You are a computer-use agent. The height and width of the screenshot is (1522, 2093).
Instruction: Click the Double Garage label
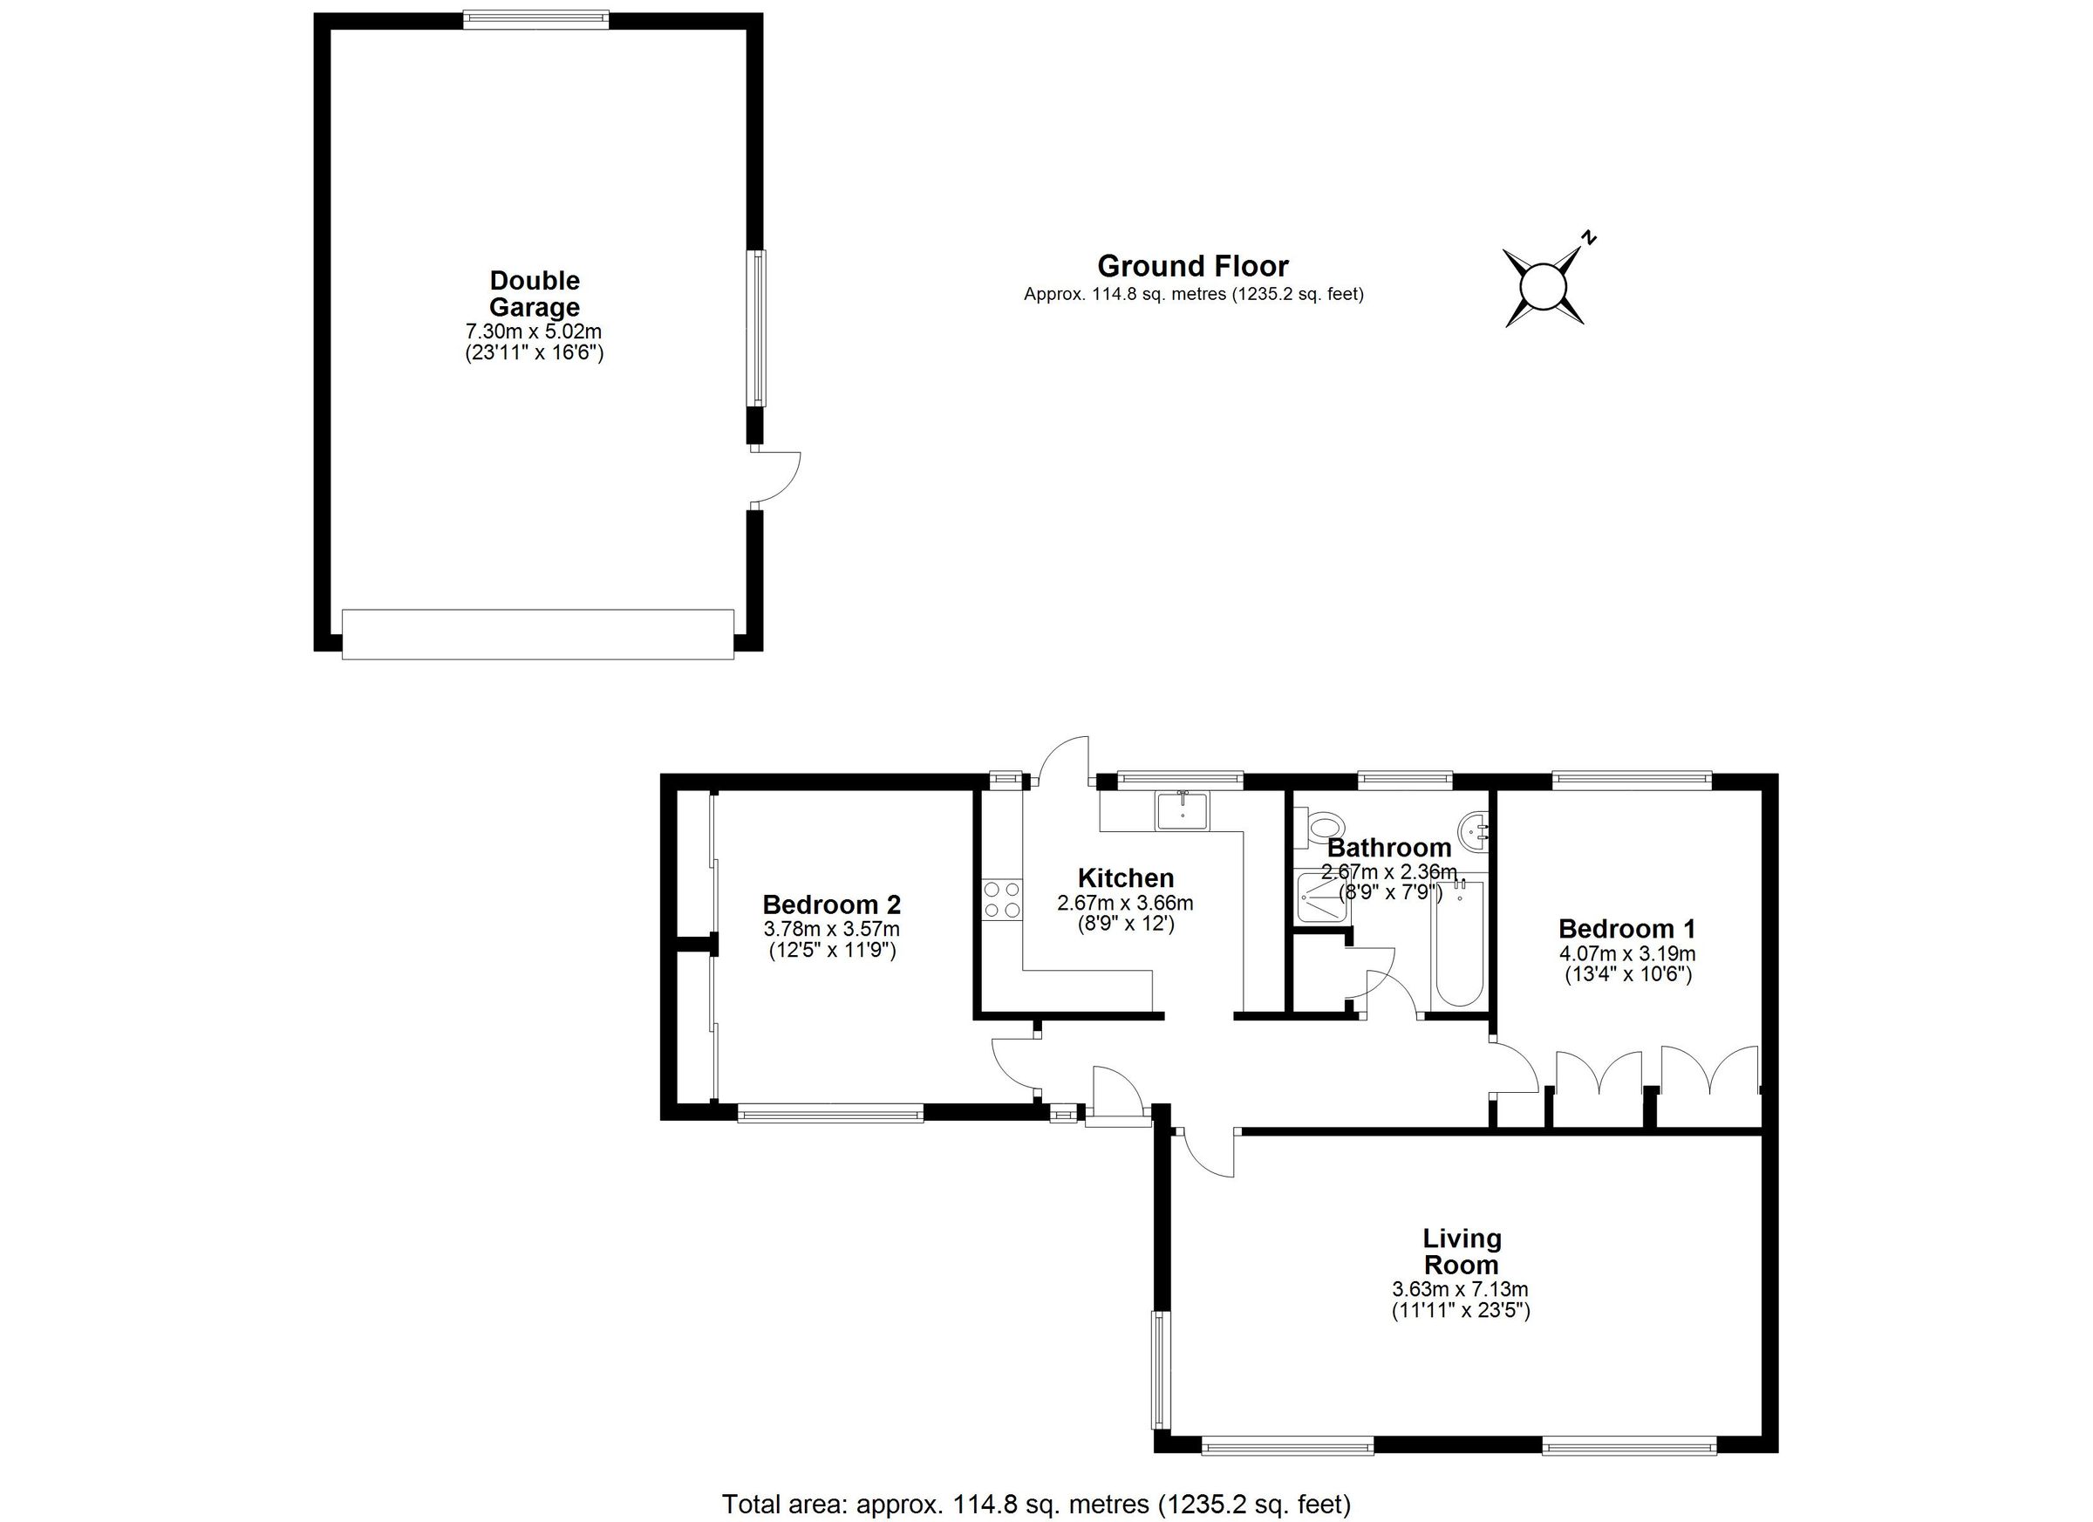point(535,294)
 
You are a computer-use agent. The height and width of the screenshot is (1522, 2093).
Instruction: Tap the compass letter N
point(1588,237)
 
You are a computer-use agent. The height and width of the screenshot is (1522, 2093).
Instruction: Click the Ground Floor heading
point(1192,267)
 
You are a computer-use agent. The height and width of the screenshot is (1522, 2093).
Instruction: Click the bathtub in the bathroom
point(1459,942)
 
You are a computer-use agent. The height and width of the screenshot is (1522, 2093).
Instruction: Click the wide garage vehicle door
point(537,634)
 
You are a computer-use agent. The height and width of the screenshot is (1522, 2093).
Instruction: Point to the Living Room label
point(1462,1251)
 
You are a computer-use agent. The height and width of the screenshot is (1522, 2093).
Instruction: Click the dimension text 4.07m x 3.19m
point(1627,953)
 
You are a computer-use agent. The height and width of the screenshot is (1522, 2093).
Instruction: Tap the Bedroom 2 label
point(831,904)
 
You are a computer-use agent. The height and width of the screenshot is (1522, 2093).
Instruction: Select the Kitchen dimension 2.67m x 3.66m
point(1125,903)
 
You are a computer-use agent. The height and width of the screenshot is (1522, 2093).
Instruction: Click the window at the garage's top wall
point(535,18)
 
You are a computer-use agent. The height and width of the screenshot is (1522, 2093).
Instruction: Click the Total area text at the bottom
point(1035,1505)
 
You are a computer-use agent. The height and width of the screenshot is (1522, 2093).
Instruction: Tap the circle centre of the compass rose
point(1544,285)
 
